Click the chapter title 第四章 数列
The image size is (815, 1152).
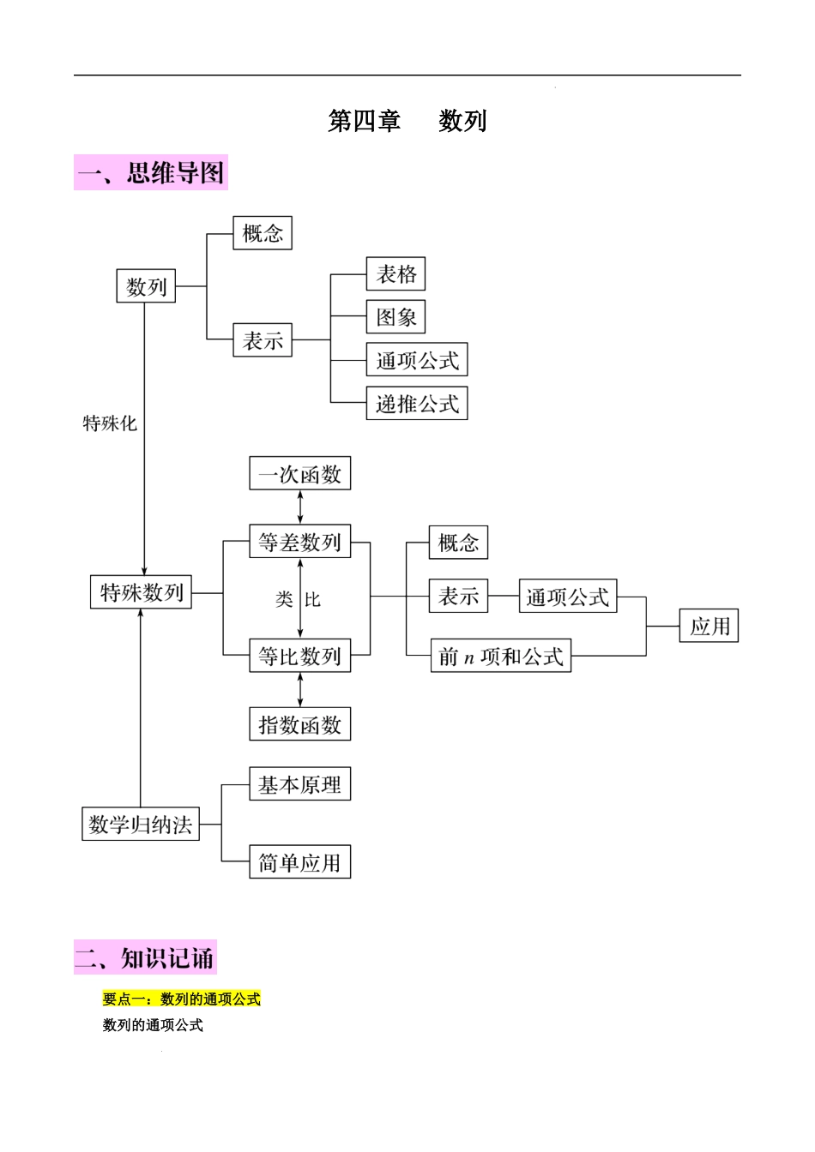point(407,121)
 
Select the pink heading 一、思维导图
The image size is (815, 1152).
point(151,173)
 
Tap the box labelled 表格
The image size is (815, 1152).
point(395,274)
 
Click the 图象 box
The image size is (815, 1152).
point(395,317)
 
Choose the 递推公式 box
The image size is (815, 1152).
point(417,404)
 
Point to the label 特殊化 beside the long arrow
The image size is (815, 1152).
point(110,423)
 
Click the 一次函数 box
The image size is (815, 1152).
point(300,474)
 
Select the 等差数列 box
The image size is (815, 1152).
point(300,542)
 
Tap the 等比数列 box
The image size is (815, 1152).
point(300,657)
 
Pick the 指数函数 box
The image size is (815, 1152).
point(300,725)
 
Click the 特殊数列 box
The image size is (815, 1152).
point(142,592)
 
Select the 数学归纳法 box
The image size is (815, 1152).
point(141,825)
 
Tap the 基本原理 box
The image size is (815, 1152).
point(300,784)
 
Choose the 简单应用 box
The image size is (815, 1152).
point(300,862)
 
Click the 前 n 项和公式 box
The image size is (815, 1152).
point(501,657)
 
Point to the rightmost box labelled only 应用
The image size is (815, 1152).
point(709,626)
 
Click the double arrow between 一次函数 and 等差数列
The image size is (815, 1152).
point(300,507)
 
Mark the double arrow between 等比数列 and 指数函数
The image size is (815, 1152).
point(300,690)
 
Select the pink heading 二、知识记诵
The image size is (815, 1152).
point(145,957)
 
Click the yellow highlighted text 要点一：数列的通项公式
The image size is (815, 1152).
point(181,999)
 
